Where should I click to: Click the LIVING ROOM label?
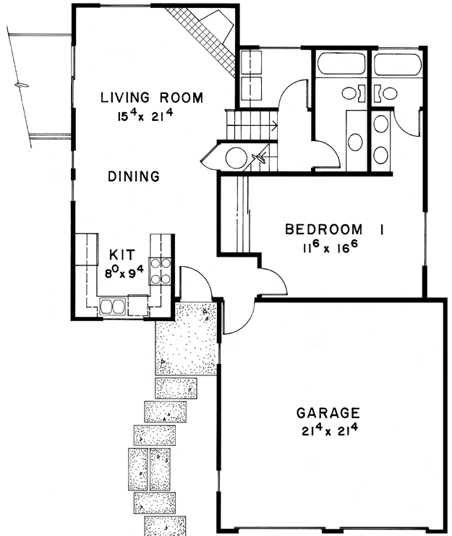click(x=152, y=98)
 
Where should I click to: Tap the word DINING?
click(x=134, y=176)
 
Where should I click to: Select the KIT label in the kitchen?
click(x=122, y=255)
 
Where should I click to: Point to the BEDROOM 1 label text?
click(x=334, y=229)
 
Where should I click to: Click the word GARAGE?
click(x=328, y=413)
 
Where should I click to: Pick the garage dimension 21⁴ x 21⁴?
click(x=329, y=430)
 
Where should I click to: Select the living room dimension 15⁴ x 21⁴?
click(x=145, y=116)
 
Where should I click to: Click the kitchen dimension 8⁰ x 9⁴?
click(x=124, y=272)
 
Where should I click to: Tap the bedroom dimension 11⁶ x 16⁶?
click(x=330, y=247)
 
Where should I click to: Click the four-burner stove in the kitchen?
click(x=161, y=271)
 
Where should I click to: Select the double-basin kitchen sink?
click(x=111, y=306)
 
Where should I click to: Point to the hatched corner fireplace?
click(x=205, y=41)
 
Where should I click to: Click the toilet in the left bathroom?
click(x=353, y=93)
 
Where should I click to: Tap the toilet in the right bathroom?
click(x=386, y=93)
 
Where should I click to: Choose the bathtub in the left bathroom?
click(x=341, y=63)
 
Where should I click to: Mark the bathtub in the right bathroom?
click(x=398, y=64)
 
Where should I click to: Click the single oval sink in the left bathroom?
click(x=355, y=142)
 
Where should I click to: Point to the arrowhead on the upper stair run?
click(x=274, y=126)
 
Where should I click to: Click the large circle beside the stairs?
click(x=236, y=158)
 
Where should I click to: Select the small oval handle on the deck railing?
click(x=22, y=85)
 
